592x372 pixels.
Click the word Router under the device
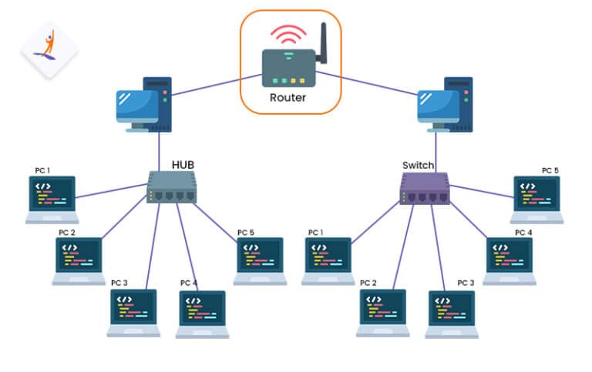(288, 98)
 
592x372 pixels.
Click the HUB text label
(183, 165)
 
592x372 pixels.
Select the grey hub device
(172, 188)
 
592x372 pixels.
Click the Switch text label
(418, 165)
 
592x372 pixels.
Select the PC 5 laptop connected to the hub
(260, 260)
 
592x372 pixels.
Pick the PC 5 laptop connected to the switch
(536, 199)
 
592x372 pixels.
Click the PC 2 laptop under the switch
(382, 313)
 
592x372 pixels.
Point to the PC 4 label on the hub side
(189, 283)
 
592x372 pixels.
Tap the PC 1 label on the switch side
(316, 232)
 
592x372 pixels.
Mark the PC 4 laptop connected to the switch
(509, 260)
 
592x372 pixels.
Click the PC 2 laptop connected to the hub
(79, 260)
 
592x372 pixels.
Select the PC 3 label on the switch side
(466, 283)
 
